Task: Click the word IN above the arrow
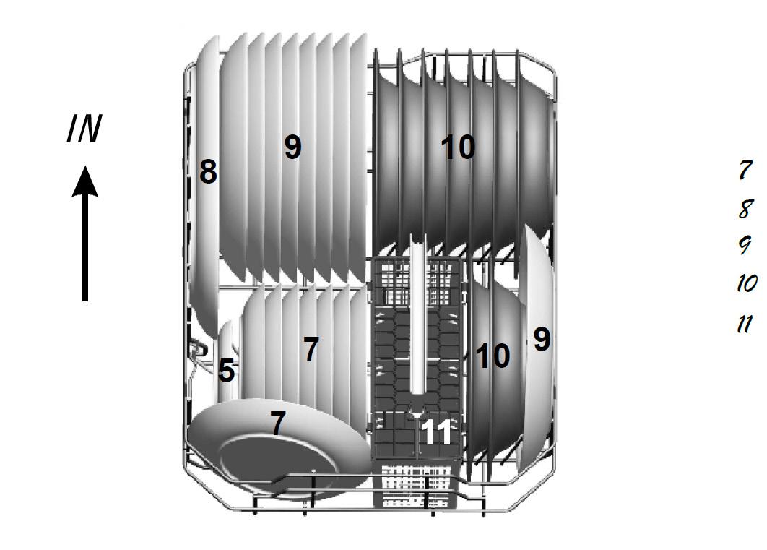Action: [x=84, y=129]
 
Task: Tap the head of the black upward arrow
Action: [x=85, y=181]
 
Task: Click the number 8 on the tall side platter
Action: [x=208, y=172]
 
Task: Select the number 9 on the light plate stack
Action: [x=292, y=146]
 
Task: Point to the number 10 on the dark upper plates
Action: [x=458, y=147]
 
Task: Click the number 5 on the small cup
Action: [x=226, y=370]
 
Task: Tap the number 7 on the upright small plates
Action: [x=311, y=349]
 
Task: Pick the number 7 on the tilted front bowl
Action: [x=277, y=423]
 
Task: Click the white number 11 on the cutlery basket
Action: [x=435, y=432]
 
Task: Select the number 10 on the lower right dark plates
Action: [x=493, y=356]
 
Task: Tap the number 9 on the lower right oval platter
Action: [x=542, y=339]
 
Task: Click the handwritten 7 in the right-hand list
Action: [x=745, y=170]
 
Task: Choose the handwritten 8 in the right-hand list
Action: [x=745, y=209]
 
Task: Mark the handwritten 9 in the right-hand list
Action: [x=745, y=245]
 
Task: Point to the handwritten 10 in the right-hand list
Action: [x=747, y=283]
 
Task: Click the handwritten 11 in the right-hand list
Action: [x=745, y=324]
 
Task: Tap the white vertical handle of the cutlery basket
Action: [x=418, y=313]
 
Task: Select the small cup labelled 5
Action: [x=227, y=362]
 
